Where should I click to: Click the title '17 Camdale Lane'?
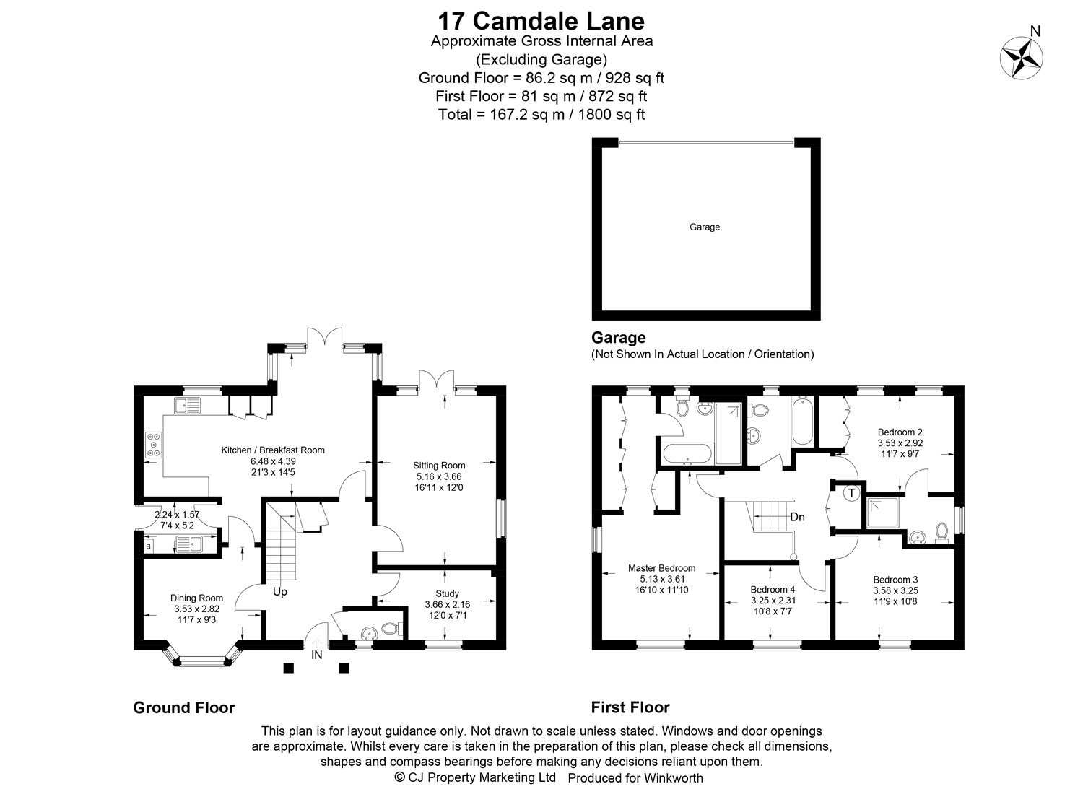click(541, 19)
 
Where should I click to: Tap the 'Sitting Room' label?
click(439, 466)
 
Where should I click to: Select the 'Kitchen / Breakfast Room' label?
click(273, 450)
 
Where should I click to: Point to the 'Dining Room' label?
click(196, 598)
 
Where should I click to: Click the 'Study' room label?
click(447, 593)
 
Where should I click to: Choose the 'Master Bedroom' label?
click(661, 568)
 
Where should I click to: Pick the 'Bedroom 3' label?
click(895, 580)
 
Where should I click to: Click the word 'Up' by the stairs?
click(280, 592)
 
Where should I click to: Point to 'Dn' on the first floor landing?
click(797, 517)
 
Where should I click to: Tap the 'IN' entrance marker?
click(317, 655)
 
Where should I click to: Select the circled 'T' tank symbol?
click(852, 494)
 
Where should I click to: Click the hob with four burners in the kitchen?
click(155, 445)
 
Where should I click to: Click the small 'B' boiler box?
click(148, 546)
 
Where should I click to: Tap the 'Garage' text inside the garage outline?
click(705, 227)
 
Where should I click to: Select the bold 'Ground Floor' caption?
click(183, 707)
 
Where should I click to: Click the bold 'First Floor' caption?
click(630, 707)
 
